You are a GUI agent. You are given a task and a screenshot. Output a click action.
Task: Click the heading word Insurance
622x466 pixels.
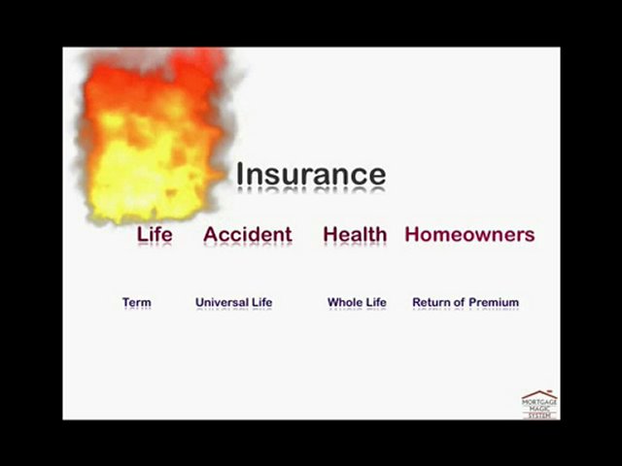pos(311,175)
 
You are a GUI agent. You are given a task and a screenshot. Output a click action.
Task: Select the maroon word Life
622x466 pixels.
pos(155,234)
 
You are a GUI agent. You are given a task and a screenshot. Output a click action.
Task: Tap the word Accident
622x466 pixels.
pos(247,234)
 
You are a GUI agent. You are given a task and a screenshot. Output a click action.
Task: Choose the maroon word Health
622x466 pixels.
pos(355,234)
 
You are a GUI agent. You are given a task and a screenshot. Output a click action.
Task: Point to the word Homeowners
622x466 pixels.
pos(469,234)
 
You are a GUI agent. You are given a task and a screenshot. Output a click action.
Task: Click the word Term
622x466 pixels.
pos(137,302)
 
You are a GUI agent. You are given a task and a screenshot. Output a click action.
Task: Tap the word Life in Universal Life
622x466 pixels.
pos(262,302)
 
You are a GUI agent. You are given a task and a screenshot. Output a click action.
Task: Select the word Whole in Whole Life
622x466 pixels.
pos(344,302)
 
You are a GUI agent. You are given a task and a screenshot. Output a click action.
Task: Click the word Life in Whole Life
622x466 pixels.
pos(375,302)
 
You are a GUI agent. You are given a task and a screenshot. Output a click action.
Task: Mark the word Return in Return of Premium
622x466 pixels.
pos(432,302)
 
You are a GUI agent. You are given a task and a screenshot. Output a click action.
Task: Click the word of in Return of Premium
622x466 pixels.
pos(462,302)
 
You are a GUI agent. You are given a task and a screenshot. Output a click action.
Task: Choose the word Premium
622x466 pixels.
pos(495,302)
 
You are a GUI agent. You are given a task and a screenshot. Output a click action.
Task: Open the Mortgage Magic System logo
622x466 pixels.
pos(539,404)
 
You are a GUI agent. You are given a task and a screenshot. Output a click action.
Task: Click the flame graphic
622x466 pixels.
pos(155,136)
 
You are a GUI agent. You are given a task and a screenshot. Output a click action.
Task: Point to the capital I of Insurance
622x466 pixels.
pos(240,175)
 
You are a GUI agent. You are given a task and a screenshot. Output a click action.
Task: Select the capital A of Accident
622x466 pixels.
pos(211,234)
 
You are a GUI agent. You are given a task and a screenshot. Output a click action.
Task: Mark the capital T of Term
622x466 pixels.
pos(126,302)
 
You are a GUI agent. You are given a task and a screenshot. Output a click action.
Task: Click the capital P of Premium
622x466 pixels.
pos(474,302)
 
